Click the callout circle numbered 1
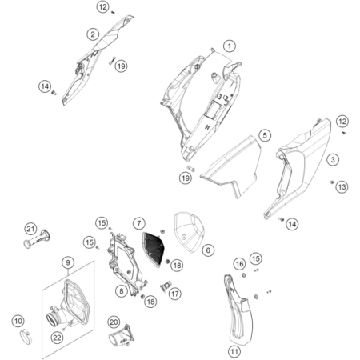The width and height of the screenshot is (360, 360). [230, 46]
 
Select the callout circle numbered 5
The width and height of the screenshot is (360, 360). [264, 136]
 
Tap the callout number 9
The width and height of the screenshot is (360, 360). [69, 262]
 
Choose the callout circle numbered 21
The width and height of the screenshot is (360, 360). [30, 230]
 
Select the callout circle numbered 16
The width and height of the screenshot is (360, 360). [240, 264]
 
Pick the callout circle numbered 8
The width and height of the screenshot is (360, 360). [121, 292]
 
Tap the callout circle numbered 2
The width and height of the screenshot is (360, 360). [94, 34]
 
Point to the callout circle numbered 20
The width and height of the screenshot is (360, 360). [114, 322]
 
